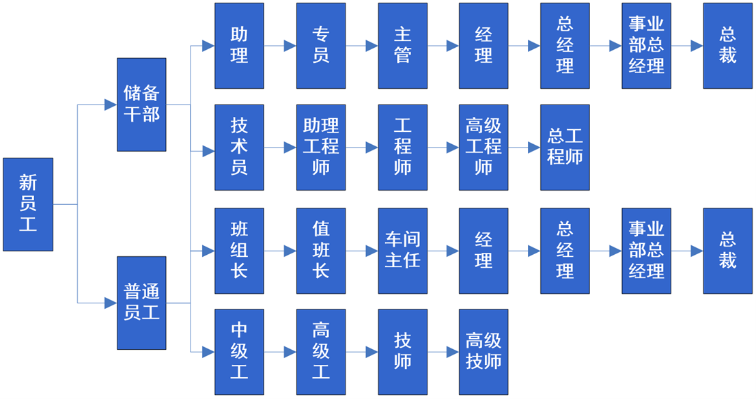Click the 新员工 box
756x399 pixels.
tap(28, 204)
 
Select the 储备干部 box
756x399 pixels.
tap(141, 105)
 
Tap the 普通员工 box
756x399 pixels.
tap(141, 303)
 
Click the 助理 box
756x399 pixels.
tap(239, 46)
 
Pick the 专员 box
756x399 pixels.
tap(321, 46)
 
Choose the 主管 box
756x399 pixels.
tap(403, 46)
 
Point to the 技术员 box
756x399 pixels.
tap(239, 147)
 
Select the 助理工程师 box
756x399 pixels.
tap(321, 147)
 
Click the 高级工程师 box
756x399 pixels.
tap(484, 147)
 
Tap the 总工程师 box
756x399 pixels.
tap(565, 147)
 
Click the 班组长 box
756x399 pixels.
tap(239, 251)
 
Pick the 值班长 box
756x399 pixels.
tap(321, 251)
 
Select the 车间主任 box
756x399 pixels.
tap(403, 251)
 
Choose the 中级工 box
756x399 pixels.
tap(239, 352)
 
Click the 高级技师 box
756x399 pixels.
tap(484, 352)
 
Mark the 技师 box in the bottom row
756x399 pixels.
tap(403, 352)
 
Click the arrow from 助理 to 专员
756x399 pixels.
tap(281, 46)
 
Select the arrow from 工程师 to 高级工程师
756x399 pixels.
tap(443, 147)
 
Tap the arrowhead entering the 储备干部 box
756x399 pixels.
tap(110, 105)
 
